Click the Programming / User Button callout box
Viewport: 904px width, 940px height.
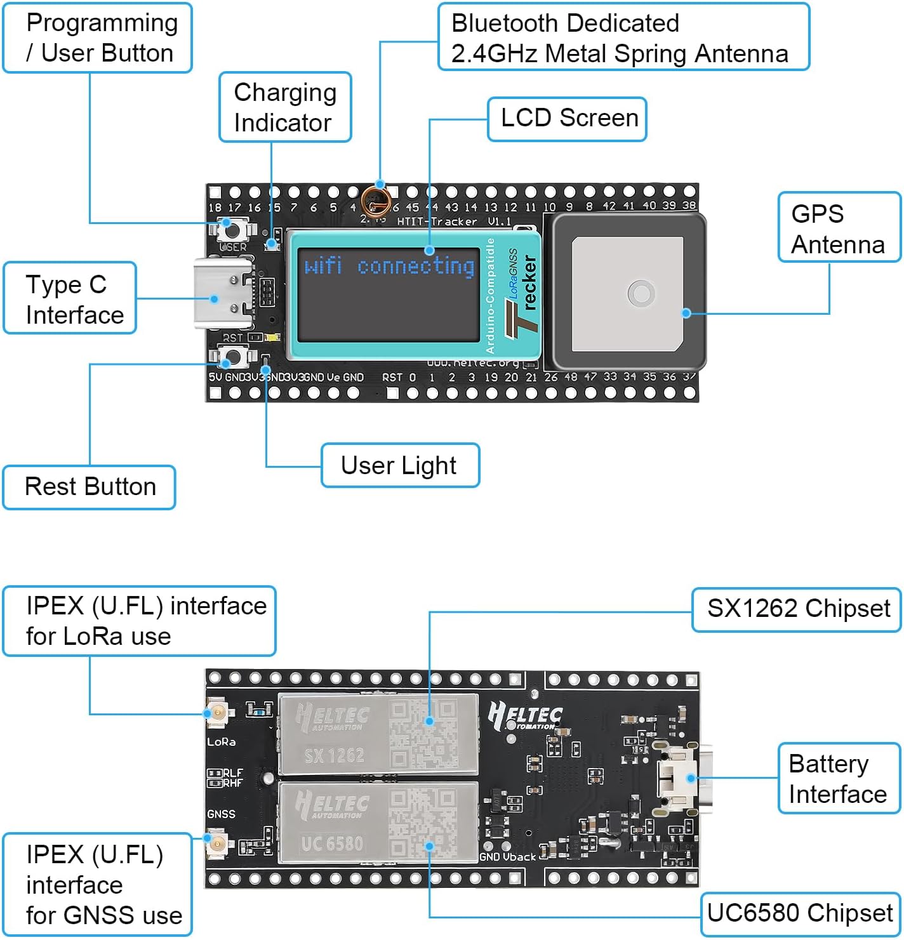(x=98, y=38)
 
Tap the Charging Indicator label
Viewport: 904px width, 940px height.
(x=285, y=107)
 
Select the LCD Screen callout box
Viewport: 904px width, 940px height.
(x=567, y=119)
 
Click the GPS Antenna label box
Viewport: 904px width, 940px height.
(x=839, y=228)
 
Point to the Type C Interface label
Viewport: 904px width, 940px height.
(x=70, y=298)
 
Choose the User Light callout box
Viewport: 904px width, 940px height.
(x=400, y=465)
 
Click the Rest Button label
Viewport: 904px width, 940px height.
(x=90, y=487)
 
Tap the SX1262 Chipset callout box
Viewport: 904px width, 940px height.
(x=797, y=609)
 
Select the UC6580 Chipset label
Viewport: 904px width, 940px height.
(x=800, y=913)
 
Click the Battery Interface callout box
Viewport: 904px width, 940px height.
(x=839, y=779)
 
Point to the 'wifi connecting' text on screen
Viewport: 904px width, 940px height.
(x=389, y=265)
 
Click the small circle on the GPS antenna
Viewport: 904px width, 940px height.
(x=641, y=294)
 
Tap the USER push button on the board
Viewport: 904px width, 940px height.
(x=233, y=228)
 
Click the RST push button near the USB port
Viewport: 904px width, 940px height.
(x=233, y=357)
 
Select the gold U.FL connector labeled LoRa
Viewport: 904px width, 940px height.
(x=216, y=713)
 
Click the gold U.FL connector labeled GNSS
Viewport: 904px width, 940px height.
(x=216, y=844)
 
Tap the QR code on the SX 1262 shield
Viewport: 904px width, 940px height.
(x=423, y=734)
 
